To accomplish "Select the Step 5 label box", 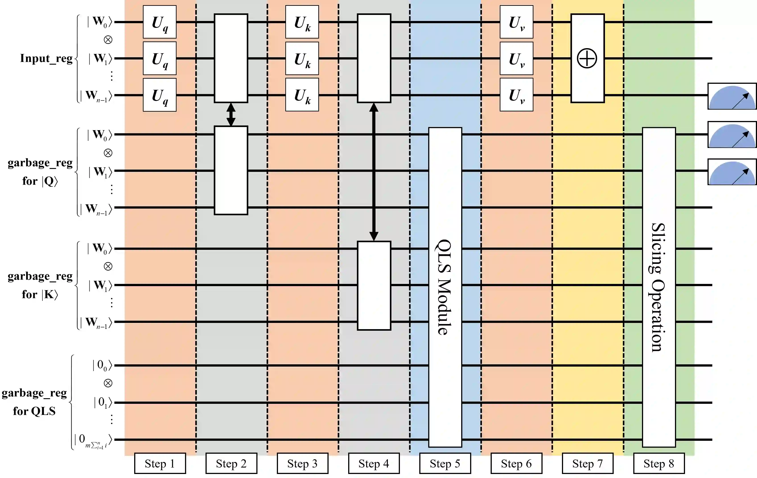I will pos(445,463).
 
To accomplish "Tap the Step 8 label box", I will pos(659,463).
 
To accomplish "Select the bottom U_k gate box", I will pos(302,94).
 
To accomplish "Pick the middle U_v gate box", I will pos(516,58).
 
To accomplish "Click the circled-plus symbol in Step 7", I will pos(587,58).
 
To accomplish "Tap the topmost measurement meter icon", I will pos(732,96).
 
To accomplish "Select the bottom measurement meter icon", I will pos(732,172).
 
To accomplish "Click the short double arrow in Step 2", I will pos(231,114).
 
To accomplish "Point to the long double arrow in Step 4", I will pos(374,172).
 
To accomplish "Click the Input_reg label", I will pos(46,58).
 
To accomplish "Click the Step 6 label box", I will pos(516,463).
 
